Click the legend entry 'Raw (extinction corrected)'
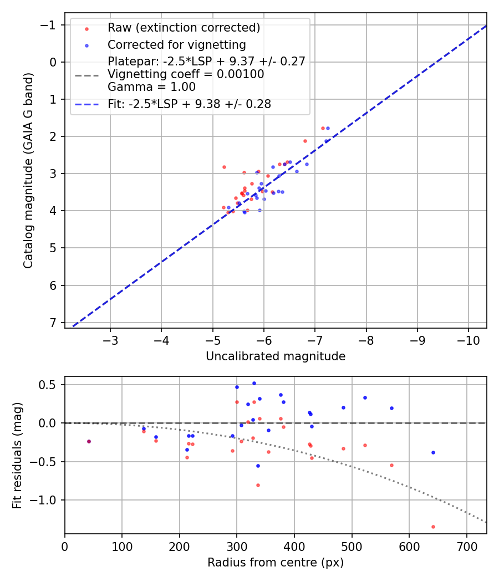pyautogui.click(x=184, y=28)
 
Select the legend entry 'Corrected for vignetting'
pyautogui.click(x=176, y=44)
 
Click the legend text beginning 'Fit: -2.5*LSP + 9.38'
pyautogui.click(x=189, y=104)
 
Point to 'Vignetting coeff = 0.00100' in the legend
pyautogui.click(x=186, y=74)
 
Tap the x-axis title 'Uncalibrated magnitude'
pyautogui.click(x=276, y=356)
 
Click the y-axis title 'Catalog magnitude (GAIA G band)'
pyautogui.click(x=28, y=170)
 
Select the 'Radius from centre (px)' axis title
pyautogui.click(x=276, y=563)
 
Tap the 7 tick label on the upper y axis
pyautogui.click(x=53, y=323)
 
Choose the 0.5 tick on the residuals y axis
pyautogui.click(x=50, y=385)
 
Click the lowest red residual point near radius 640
pyautogui.click(x=433, y=527)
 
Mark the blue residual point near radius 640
pyautogui.click(x=433, y=452)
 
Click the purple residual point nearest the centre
pyautogui.click(x=89, y=441)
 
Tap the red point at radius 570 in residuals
pyautogui.click(x=391, y=465)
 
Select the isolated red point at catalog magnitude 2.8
pyautogui.click(x=224, y=167)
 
